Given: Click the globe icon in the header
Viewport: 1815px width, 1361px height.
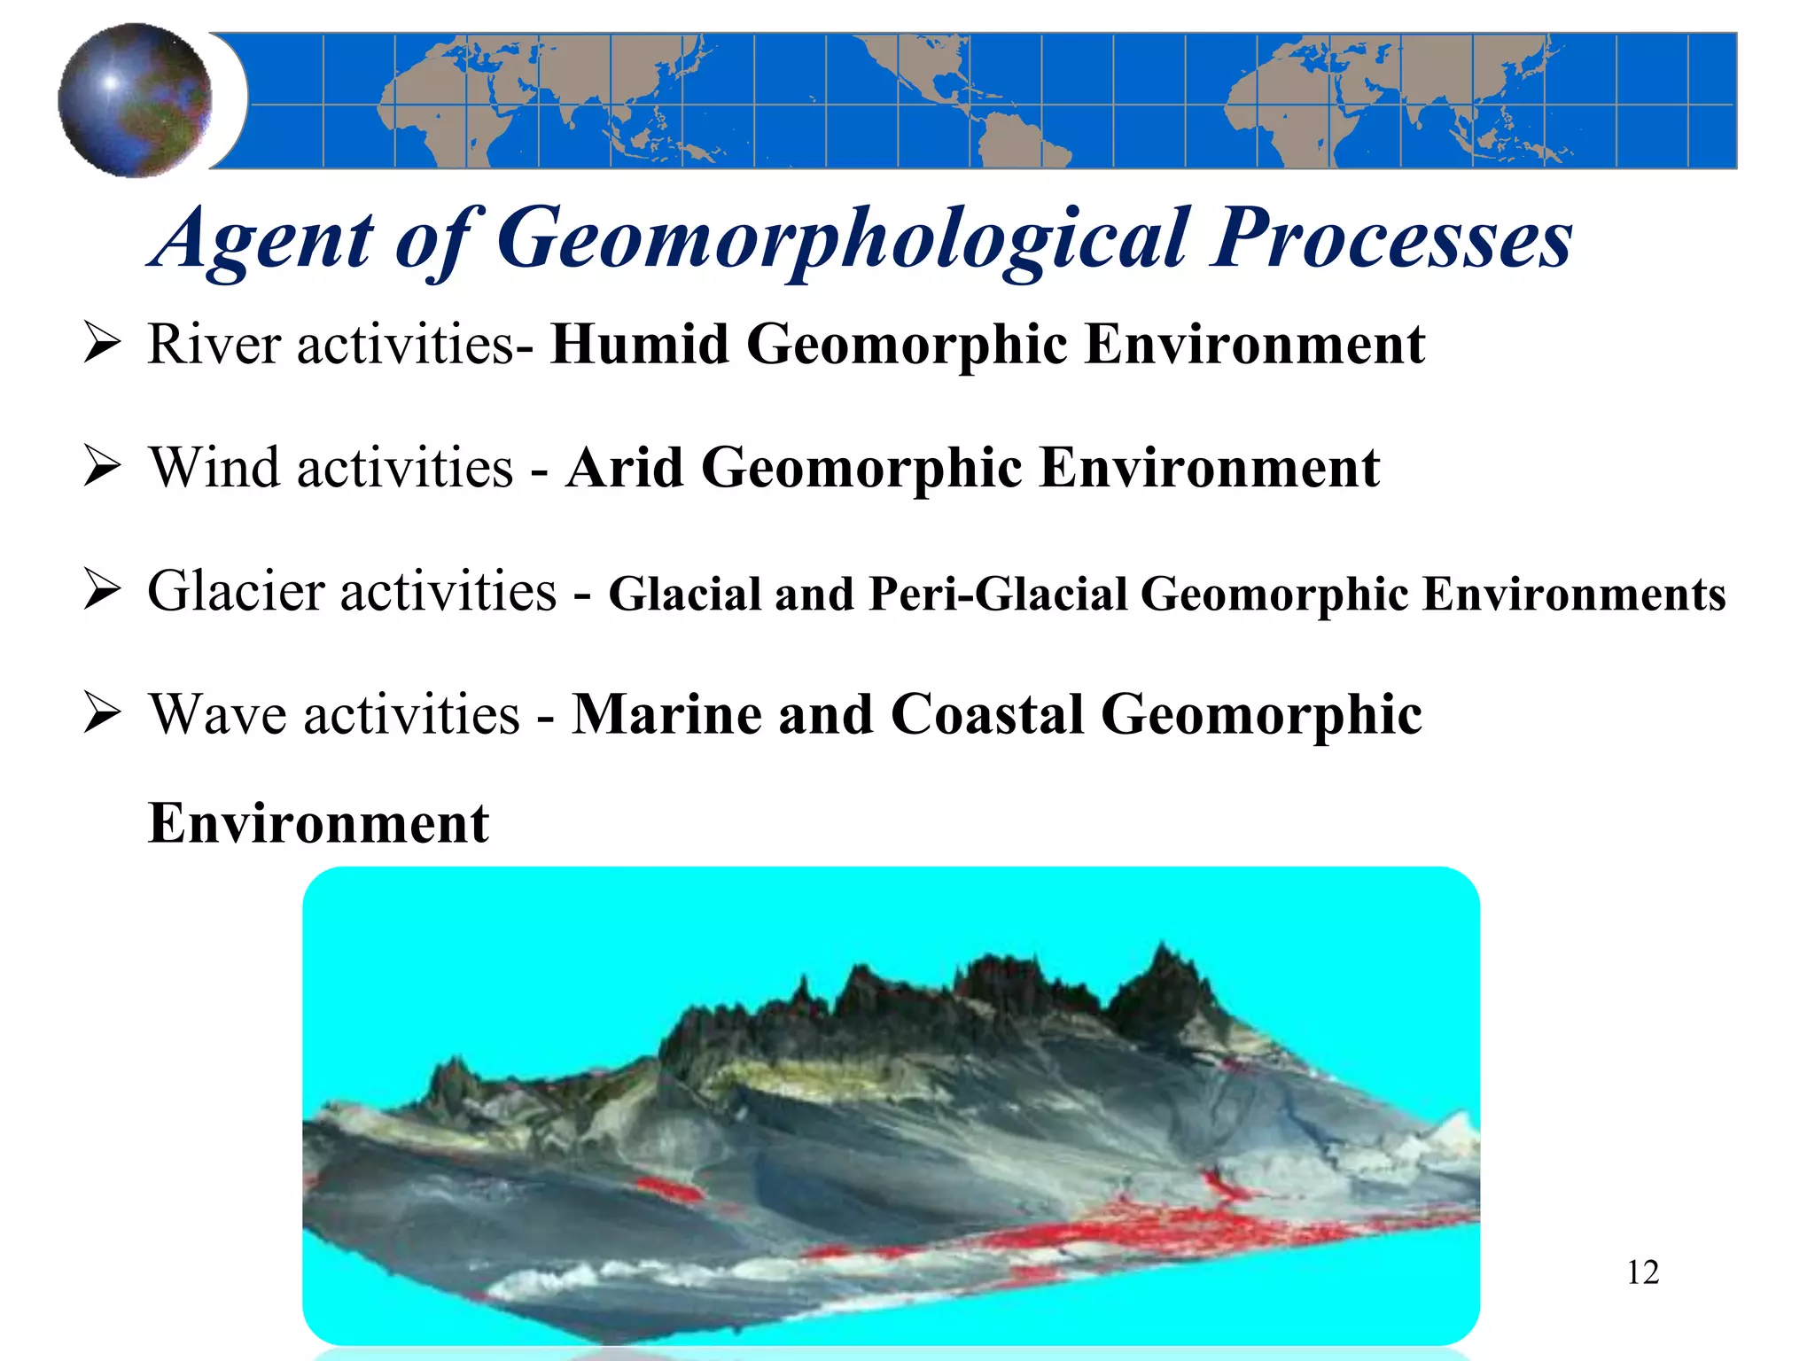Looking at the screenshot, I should point(135,100).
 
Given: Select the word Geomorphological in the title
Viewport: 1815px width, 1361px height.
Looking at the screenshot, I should point(841,239).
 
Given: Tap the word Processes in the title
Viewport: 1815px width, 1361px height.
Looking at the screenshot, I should point(1391,239).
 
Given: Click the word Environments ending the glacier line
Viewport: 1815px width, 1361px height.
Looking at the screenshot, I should point(1574,594).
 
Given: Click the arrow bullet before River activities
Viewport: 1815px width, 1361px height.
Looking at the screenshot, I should point(102,344).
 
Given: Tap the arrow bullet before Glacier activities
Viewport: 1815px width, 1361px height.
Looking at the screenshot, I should point(102,591).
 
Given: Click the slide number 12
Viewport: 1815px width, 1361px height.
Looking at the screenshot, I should point(1642,1272).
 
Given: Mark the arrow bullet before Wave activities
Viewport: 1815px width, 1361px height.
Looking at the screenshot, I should point(102,714).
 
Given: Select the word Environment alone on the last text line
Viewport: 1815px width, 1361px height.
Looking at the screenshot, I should point(318,823).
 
